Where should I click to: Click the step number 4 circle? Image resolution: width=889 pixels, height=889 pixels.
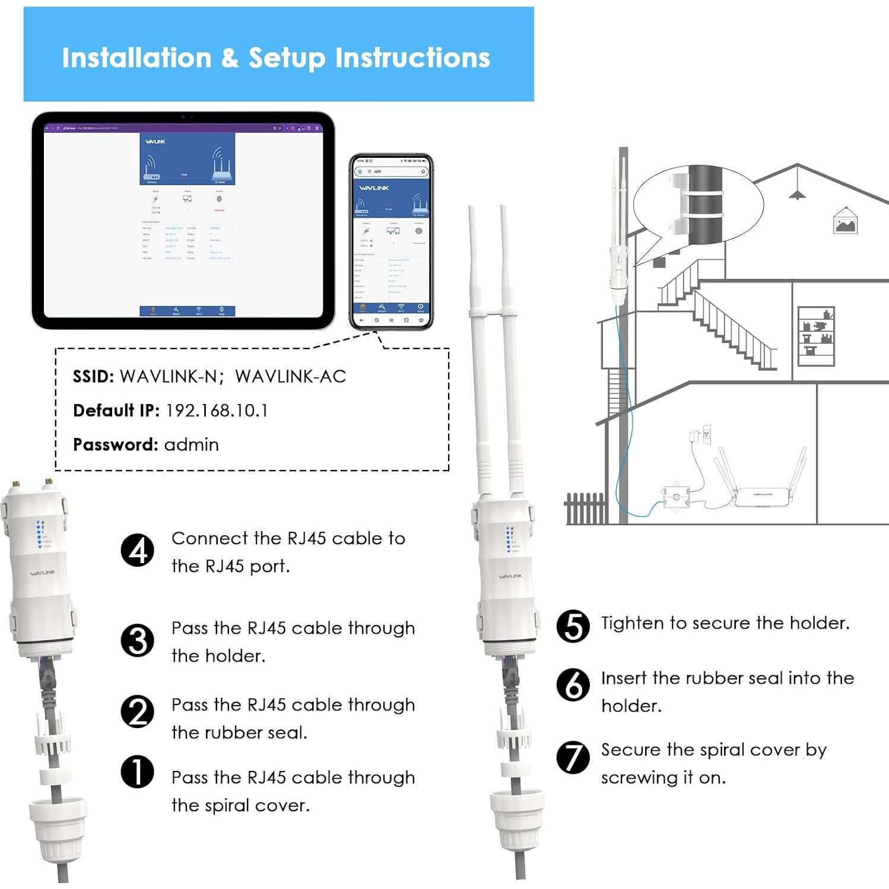(137, 550)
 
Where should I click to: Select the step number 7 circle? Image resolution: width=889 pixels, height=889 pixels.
(573, 757)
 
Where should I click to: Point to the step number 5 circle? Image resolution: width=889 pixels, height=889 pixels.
(573, 626)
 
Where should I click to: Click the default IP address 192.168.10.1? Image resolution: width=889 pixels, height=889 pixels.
(217, 411)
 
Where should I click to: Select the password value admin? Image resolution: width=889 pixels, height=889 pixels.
(191, 444)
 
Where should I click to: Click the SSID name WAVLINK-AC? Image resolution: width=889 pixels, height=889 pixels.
(290, 376)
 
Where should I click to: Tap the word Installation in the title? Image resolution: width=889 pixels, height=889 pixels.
(136, 58)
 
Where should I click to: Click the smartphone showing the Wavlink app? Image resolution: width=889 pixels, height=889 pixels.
(391, 242)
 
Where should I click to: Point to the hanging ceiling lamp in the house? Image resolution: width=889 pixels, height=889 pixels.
(797, 193)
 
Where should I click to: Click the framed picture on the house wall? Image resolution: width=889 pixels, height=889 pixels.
(845, 222)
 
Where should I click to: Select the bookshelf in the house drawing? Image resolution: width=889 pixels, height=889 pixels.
(816, 336)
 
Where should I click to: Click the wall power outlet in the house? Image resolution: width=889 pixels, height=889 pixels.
(706, 434)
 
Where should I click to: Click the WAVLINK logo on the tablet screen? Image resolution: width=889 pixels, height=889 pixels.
(155, 142)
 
